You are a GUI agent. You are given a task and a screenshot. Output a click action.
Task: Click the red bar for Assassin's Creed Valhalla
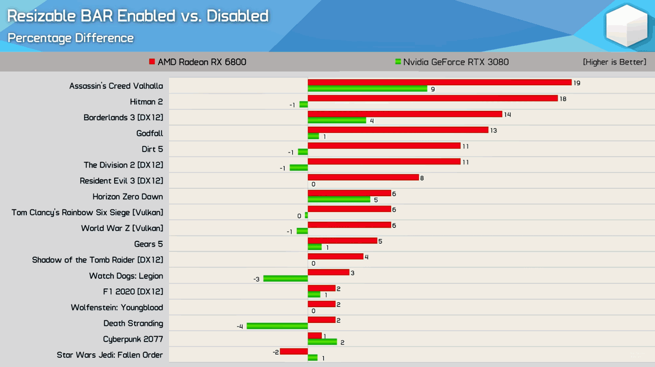(440, 83)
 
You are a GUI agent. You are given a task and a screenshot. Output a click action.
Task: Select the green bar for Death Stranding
(277, 327)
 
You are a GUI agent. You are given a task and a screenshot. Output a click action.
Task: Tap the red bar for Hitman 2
(433, 98)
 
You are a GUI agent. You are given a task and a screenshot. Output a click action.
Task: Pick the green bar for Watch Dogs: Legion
(285, 279)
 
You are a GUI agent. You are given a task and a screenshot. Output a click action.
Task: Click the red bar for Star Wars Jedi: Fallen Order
(294, 351)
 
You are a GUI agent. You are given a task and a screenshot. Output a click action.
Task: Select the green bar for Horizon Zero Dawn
(339, 200)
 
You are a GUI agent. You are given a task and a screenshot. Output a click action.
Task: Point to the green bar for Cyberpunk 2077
(322, 342)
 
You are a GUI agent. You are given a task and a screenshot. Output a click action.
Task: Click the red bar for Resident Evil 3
(363, 178)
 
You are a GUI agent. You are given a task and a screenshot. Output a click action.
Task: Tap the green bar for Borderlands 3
(337, 120)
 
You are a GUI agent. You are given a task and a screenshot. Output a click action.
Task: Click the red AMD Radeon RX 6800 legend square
(152, 62)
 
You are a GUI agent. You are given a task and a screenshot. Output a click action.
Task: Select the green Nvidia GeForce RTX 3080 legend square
(398, 62)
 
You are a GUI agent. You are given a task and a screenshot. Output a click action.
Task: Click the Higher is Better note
(614, 62)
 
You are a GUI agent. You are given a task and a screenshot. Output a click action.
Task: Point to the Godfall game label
(150, 134)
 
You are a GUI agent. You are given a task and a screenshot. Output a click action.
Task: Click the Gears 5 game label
(148, 244)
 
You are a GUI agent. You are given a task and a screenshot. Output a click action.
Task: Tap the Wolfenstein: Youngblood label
(117, 308)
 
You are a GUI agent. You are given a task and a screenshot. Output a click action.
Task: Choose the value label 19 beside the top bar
(577, 83)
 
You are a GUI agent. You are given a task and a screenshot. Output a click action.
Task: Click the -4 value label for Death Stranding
(240, 327)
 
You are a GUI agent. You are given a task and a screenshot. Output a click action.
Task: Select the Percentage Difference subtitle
(71, 38)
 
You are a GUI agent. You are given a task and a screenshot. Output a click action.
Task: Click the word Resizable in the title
(42, 16)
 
